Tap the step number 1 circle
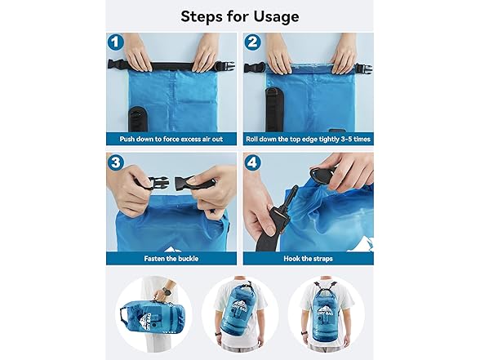tap(115, 42)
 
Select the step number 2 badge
tap(252, 42)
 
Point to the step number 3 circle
tap(115, 162)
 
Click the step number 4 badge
tap(252, 162)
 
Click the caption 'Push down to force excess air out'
tap(171, 140)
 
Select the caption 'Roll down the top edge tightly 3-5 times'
tap(309, 140)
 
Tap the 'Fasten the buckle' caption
tap(171, 259)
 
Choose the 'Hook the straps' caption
tap(308, 259)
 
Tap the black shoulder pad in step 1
tap(137, 119)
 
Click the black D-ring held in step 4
tap(321, 176)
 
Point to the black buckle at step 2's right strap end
tap(364, 68)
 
